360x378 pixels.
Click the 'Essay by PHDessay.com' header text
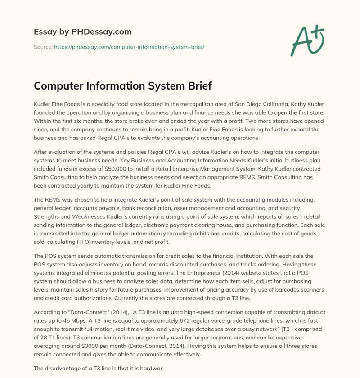click(x=83, y=32)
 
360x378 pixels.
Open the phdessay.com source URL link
click(x=129, y=46)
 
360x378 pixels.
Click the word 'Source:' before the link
click(x=43, y=46)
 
